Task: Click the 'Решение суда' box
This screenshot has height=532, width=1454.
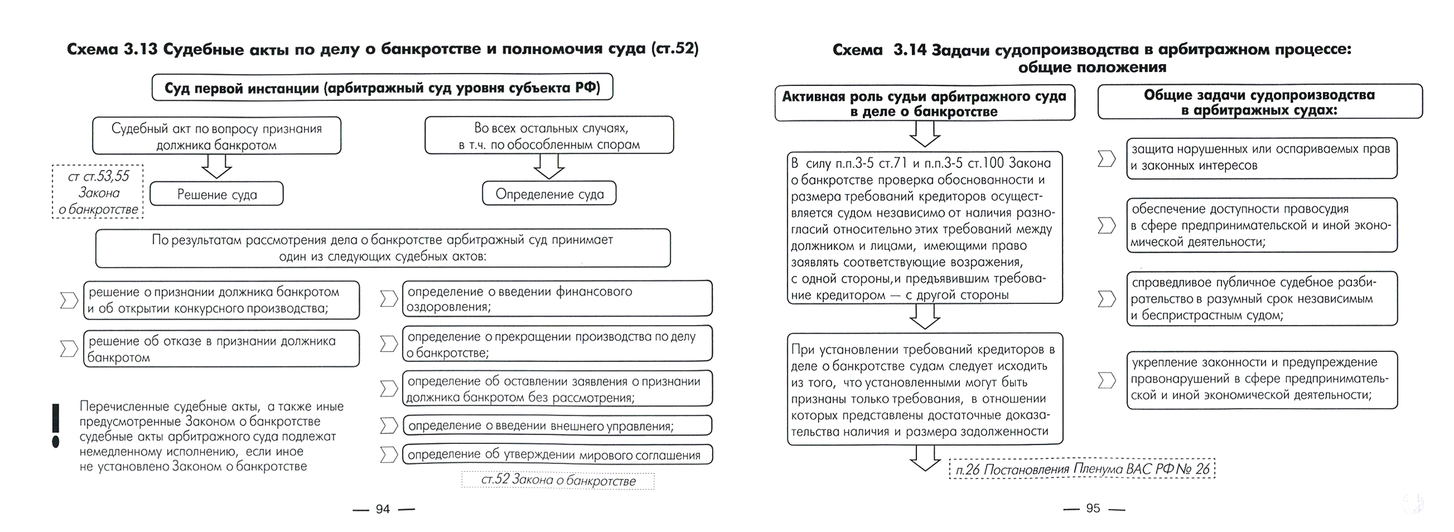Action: pyautogui.click(x=217, y=194)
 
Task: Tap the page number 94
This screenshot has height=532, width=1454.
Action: pyautogui.click(x=383, y=509)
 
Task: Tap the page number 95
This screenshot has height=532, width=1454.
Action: pyautogui.click(x=1093, y=508)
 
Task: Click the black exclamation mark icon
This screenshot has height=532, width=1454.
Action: pyautogui.click(x=55, y=426)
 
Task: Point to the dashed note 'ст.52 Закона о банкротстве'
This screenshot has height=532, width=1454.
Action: pyautogui.click(x=558, y=481)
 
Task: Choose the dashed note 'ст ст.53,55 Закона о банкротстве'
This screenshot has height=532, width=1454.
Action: pyautogui.click(x=98, y=192)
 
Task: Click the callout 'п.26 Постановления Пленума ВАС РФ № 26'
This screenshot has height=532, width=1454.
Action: pyautogui.click(x=1082, y=469)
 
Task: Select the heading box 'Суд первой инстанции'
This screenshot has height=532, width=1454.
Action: pyautogui.click(x=382, y=88)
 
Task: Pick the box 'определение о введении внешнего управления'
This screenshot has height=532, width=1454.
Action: pyautogui.click(x=557, y=426)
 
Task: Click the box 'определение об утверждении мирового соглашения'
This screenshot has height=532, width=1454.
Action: pyautogui.click(x=557, y=455)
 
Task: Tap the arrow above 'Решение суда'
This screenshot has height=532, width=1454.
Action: pyautogui.click(x=217, y=166)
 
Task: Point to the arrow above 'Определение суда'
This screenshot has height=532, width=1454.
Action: pyautogui.click(x=548, y=166)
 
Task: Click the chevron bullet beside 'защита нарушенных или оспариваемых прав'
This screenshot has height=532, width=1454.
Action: pyautogui.click(x=1106, y=159)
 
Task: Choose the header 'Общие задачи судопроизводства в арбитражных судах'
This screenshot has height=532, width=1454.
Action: pyautogui.click(x=1259, y=102)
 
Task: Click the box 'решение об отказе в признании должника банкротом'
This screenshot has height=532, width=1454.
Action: pyautogui.click(x=221, y=349)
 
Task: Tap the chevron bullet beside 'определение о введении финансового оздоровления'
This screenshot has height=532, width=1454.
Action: pyautogui.click(x=388, y=299)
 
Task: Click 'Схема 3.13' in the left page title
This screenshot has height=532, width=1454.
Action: pyautogui.click(x=112, y=49)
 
